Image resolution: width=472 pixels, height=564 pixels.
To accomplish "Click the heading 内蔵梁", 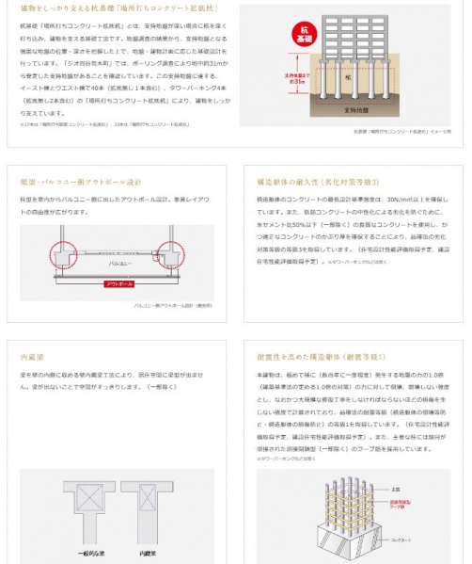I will point(33,358).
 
